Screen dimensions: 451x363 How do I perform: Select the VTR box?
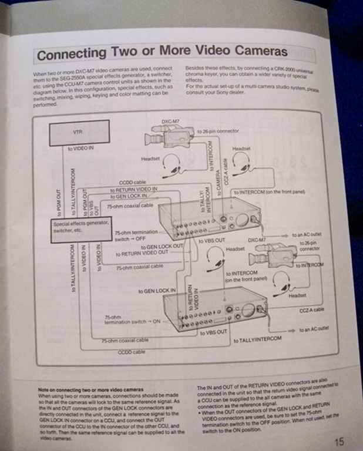[x=79, y=133]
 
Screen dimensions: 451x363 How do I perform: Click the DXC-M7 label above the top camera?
[x=170, y=122]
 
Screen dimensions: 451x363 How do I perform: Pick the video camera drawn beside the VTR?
[x=168, y=137]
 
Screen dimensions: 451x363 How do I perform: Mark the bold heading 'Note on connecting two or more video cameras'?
[x=90, y=389]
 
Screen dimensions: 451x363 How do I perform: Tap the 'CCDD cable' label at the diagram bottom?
[x=132, y=352]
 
